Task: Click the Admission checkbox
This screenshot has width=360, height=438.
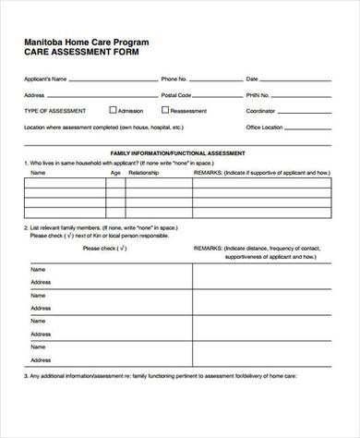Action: (x=113, y=109)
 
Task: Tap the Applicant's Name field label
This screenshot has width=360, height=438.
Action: (x=45, y=79)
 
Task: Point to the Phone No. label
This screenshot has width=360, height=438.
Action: (x=174, y=79)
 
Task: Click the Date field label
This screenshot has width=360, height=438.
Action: (x=252, y=79)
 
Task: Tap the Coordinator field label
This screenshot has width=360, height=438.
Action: (x=261, y=110)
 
